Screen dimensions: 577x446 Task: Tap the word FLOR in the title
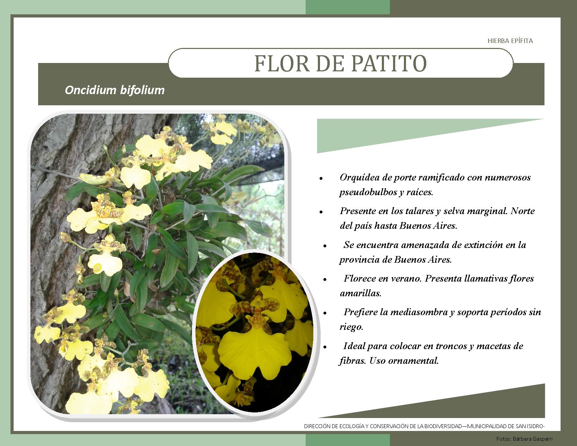coord(282,63)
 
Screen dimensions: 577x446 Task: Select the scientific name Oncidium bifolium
coord(115,90)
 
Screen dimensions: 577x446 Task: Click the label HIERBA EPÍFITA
coord(510,41)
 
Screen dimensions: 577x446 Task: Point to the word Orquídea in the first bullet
coord(359,177)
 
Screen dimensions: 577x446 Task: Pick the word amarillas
coord(361,293)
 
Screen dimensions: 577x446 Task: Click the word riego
coord(351,327)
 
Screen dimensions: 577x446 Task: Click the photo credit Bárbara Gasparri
coord(533,439)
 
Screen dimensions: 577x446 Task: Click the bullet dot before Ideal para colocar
coord(325,347)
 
